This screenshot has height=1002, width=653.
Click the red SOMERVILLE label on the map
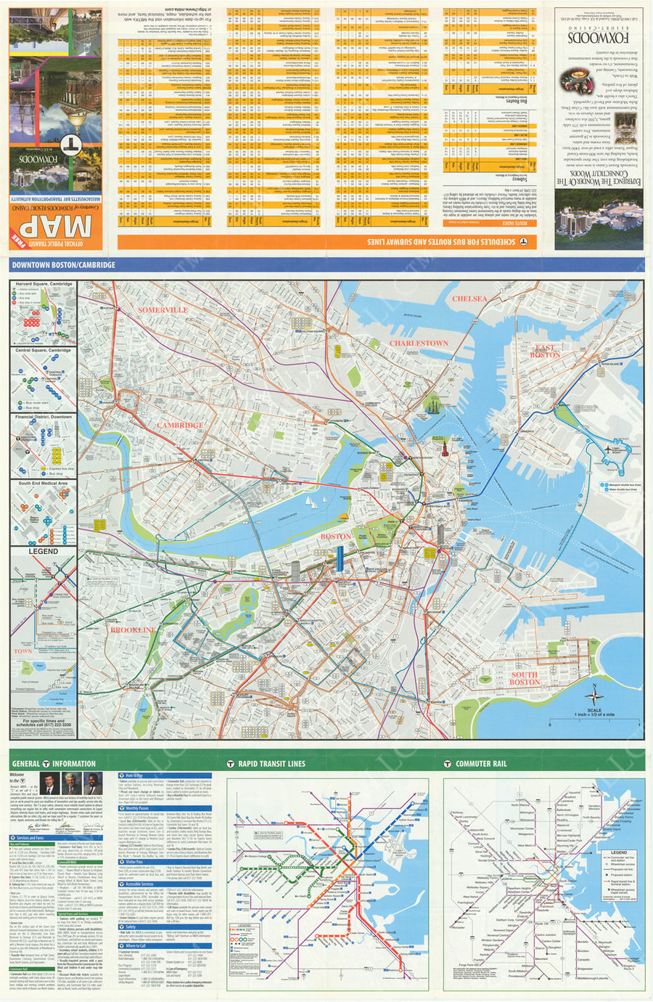pyautogui.click(x=163, y=310)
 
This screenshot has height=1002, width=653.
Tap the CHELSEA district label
pyautogui.click(x=469, y=298)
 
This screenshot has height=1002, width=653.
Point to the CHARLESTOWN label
pyautogui.click(x=419, y=343)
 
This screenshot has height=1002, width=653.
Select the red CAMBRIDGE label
pyautogui.click(x=180, y=425)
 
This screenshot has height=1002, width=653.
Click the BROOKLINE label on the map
pyautogui.click(x=134, y=630)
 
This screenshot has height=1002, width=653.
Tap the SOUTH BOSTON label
pyautogui.click(x=524, y=678)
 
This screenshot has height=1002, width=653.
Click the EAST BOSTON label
pyautogui.click(x=545, y=351)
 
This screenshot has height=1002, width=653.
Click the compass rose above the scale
pyautogui.click(x=594, y=694)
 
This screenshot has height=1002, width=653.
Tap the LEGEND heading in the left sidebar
pyautogui.click(x=43, y=552)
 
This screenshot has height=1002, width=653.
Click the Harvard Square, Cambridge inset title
pyautogui.click(x=44, y=284)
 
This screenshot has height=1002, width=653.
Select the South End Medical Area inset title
pyautogui.click(x=43, y=483)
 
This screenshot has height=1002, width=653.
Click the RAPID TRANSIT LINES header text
pyautogui.click(x=271, y=763)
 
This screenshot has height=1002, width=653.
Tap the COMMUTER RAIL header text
pyautogui.click(x=480, y=763)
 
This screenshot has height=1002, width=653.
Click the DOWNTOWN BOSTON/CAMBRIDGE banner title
pyautogui.click(x=63, y=265)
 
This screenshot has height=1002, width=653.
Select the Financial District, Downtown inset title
pyautogui.click(x=44, y=417)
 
